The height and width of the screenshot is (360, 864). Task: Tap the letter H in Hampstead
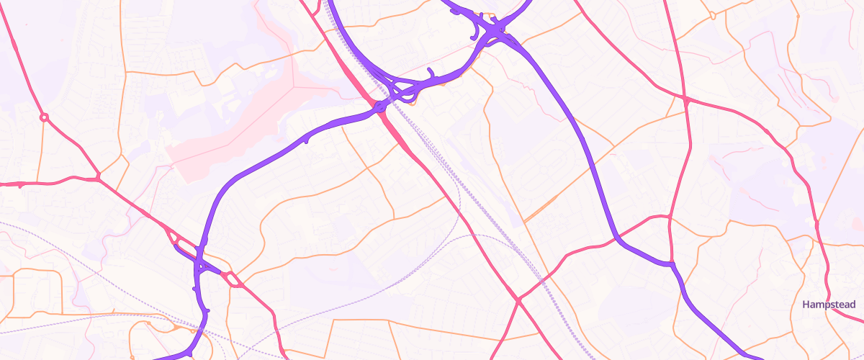[806, 305]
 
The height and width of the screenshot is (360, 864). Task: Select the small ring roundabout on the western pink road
[44, 117]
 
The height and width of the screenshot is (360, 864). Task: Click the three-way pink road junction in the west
[98, 176]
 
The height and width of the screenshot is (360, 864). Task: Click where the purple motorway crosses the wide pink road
[379, 108]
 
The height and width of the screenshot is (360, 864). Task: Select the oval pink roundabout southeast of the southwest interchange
[232, 278]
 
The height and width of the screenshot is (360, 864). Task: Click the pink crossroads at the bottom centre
[517, 299]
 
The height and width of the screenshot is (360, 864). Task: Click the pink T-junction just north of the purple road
[670, 217]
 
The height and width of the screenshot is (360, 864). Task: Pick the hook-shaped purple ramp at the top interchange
[475, 29]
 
